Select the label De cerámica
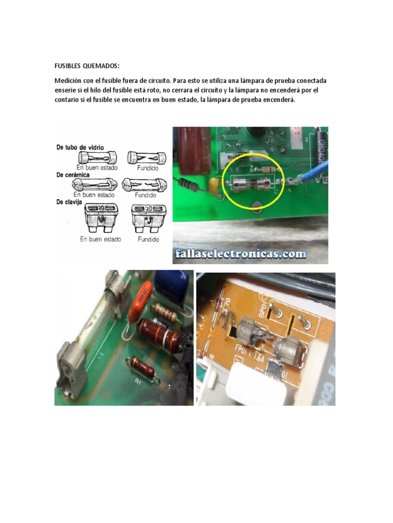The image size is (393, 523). click(73, 175)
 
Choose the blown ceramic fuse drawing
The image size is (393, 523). click(144, 184)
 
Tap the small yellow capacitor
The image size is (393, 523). click(213, 186)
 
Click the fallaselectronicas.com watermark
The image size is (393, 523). click(240, 253)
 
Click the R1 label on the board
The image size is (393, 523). click(138, 381)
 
